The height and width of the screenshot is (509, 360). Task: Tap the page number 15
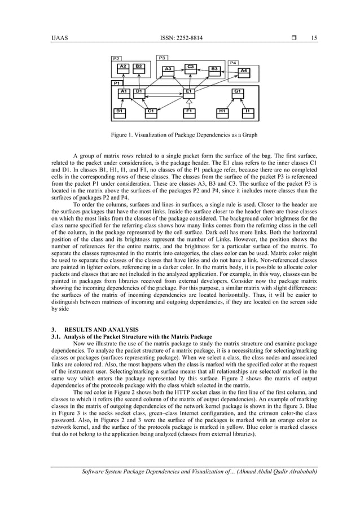tap(313, 38)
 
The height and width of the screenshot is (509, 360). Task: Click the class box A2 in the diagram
tap(123, 67)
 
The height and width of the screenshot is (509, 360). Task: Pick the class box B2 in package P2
tap(139, 67)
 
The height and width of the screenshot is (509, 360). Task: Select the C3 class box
tap(191, 67)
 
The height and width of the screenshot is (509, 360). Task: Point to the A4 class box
tap(243, 71)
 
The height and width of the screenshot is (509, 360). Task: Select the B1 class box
tap(120, 111)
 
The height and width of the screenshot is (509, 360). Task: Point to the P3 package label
tap(162, 58)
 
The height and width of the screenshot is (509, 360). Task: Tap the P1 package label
tap(117, 83)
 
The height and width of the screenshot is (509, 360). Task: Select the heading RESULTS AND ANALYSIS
tap(103, 329)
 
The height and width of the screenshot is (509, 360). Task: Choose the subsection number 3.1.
tap(55, 336)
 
